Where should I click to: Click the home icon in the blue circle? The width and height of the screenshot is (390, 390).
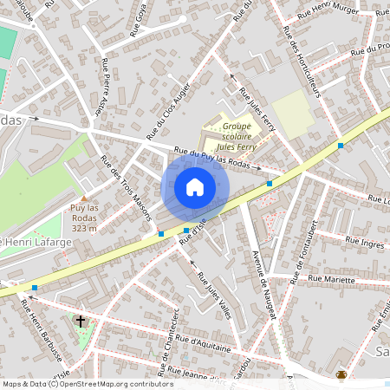click(x=195, y=187)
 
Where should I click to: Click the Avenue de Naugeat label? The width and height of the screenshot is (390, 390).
click(x=262, y=286)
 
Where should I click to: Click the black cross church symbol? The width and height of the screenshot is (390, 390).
click(x=81, y=322)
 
